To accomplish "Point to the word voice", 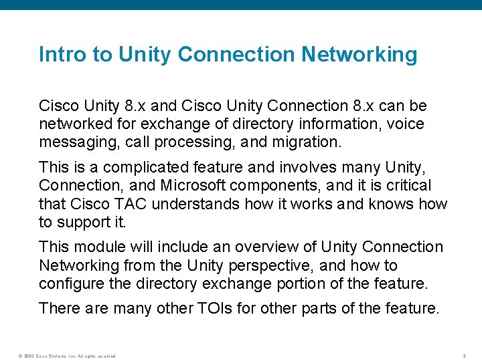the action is [x=406, y=124].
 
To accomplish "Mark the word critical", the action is [x=408, y=185].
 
